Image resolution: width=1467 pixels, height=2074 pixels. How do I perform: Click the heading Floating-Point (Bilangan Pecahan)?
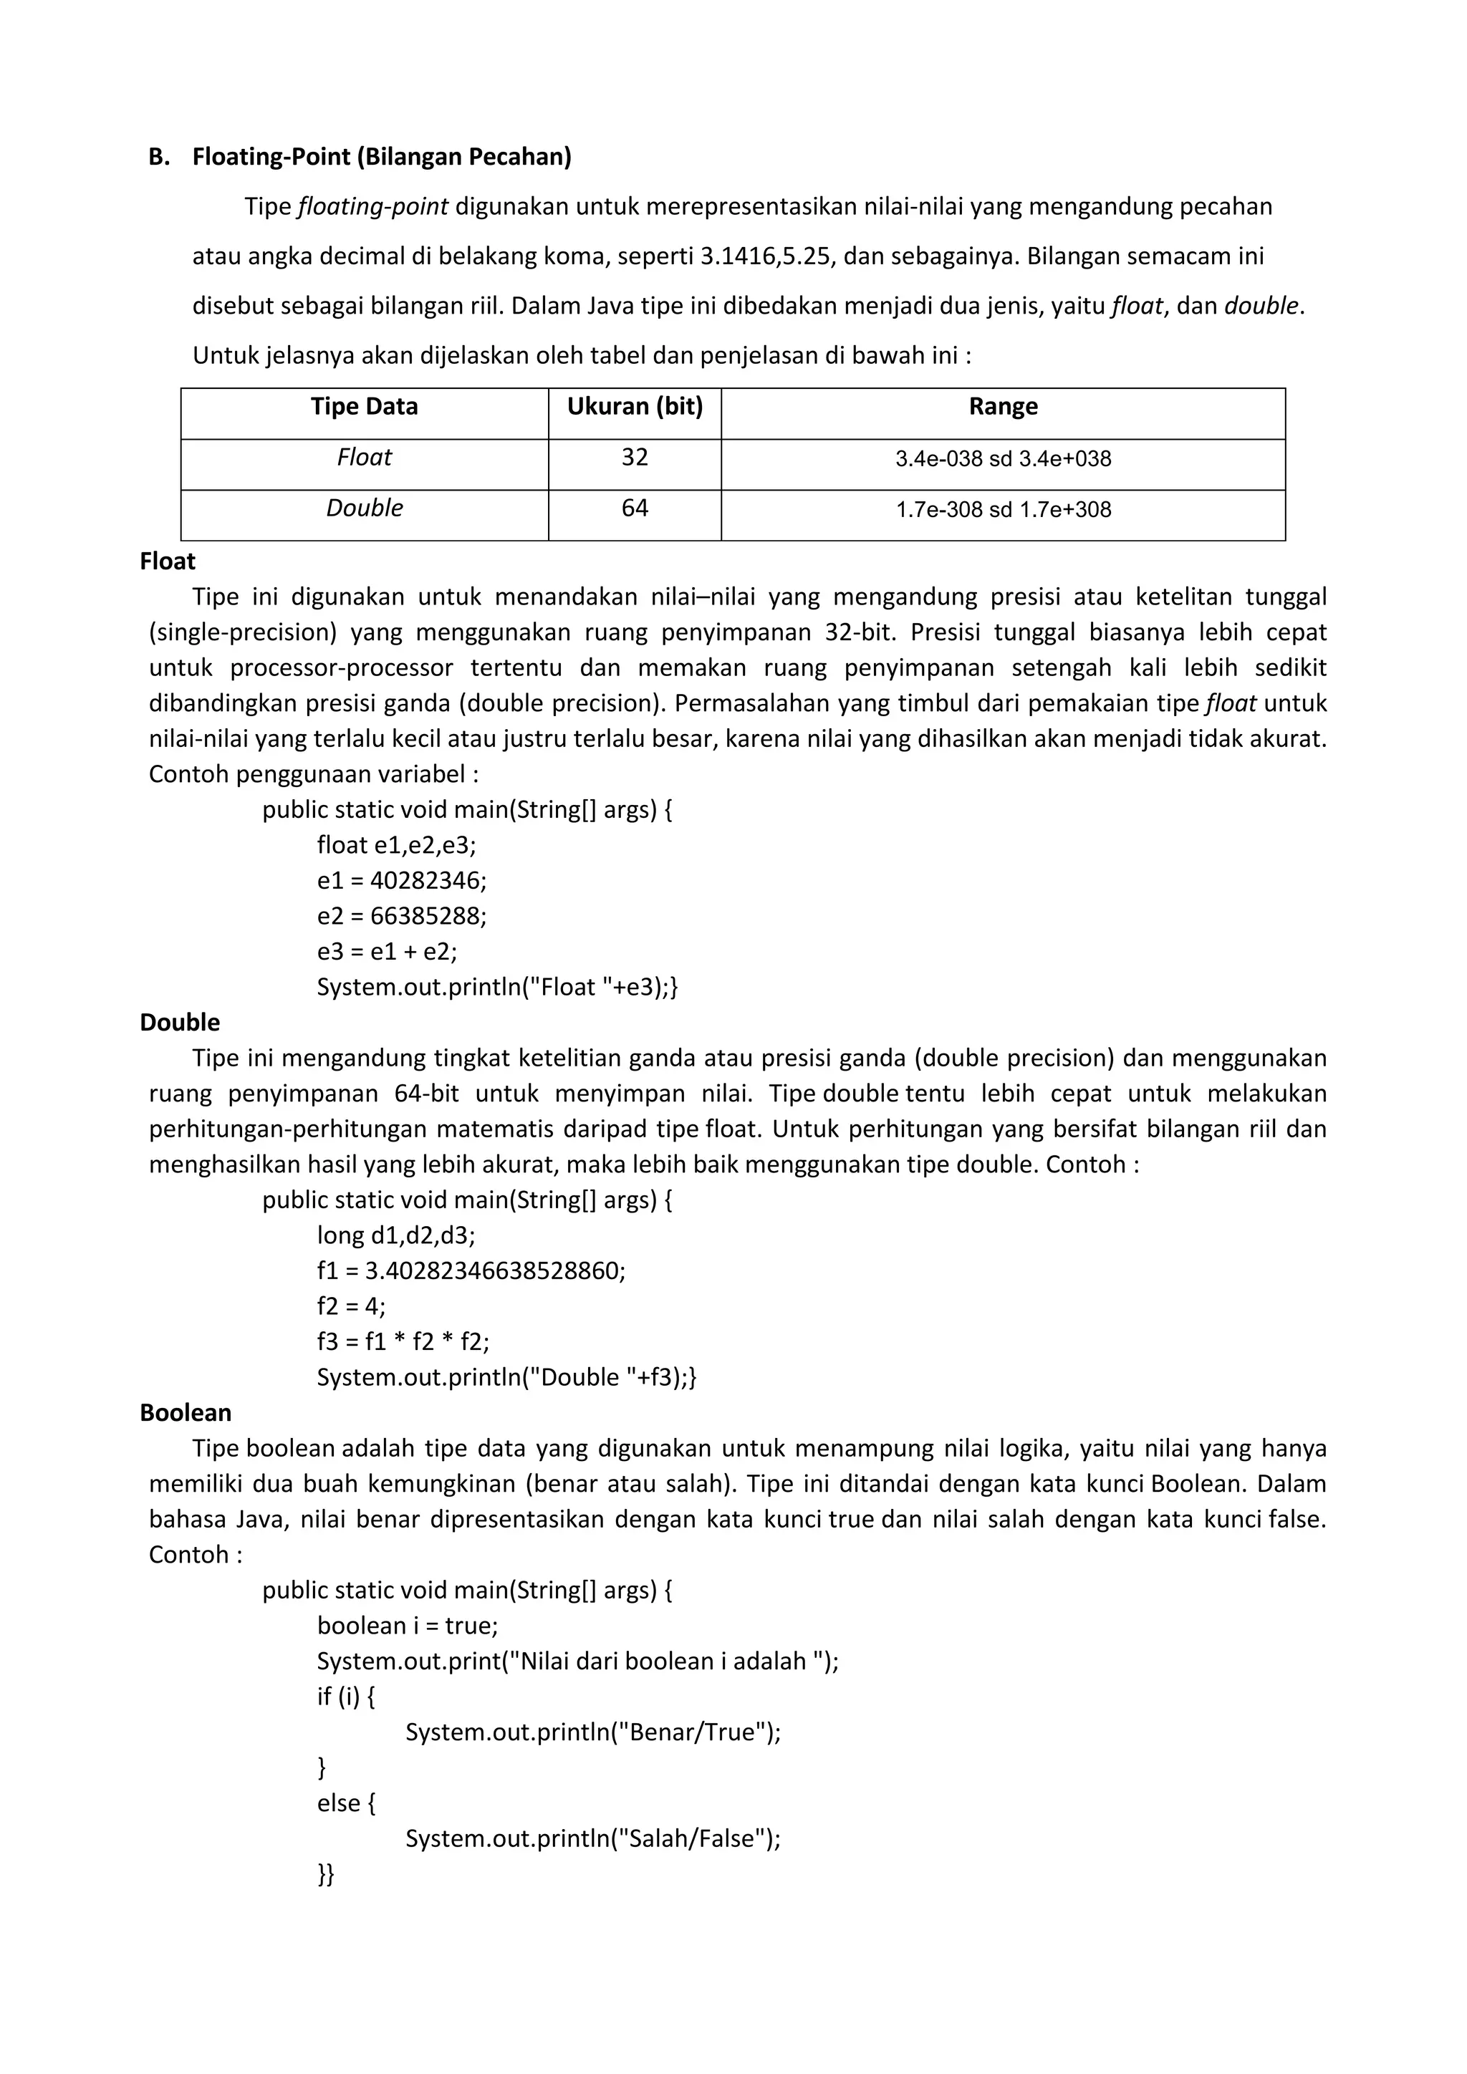point(381,157)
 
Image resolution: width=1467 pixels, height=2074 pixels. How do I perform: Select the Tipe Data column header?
point(364,407)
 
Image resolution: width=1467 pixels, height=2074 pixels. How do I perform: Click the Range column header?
point(1003,407)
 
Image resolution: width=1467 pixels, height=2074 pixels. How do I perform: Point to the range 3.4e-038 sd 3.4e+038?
point(1003,459)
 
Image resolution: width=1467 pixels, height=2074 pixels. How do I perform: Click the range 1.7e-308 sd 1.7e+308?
point(1003,509)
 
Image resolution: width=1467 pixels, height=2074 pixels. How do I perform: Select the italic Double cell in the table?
point(364,508)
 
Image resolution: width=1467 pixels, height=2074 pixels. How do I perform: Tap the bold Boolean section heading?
point(186,1413)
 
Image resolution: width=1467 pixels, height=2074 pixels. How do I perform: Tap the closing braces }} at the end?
point(325,1874)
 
